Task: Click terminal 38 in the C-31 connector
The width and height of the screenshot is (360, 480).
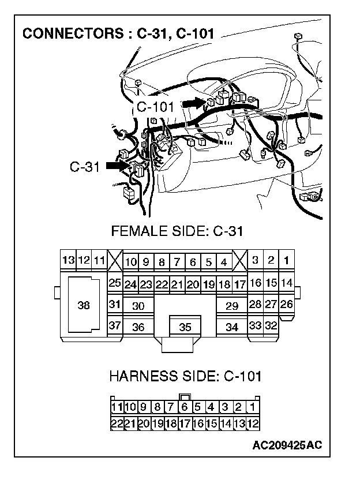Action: pos(84,306)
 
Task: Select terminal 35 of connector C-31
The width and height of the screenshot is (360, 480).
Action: pos(185,327)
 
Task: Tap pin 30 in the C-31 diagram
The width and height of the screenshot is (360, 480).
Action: pos(138,306)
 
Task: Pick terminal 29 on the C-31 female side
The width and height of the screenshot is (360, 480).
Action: pos(232,306)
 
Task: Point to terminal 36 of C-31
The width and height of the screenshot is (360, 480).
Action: pos(138,327)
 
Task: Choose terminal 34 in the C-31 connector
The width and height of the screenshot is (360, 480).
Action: pos(232,327)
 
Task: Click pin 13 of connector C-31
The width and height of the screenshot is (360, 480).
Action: pos(69,261)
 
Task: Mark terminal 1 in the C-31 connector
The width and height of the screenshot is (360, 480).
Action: pos(286,261)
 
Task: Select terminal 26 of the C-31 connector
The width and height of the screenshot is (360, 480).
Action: pos(286,304)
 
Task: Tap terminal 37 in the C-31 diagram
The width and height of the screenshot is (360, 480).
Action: pos(115,325)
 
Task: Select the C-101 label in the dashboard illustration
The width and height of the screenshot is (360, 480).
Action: pos(156,107)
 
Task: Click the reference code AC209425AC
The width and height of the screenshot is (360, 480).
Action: pos(287,445)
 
